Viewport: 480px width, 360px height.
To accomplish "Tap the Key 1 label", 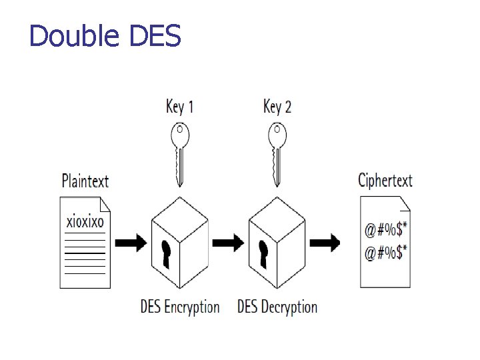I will [179, 107].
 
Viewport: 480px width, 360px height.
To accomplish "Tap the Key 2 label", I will [277, 107].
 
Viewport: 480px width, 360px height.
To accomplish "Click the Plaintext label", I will [85, 181].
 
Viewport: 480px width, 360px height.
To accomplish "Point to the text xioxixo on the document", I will [85, 221].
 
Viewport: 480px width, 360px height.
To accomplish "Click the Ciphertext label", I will [385, 181].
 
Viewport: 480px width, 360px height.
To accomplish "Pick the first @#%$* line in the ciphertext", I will [386, 231].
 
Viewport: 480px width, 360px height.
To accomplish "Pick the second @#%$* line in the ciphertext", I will [386, 253].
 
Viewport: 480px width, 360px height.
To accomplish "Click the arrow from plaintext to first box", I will [131, 243].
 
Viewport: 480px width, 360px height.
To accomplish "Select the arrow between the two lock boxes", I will [229, 243].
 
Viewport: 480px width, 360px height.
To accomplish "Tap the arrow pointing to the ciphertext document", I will [326, 243].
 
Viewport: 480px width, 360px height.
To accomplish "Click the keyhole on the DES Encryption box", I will [166, 254].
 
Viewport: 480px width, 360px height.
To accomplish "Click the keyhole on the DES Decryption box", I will [263, 254].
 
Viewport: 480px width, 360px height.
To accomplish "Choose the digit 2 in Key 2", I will [287, 107].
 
